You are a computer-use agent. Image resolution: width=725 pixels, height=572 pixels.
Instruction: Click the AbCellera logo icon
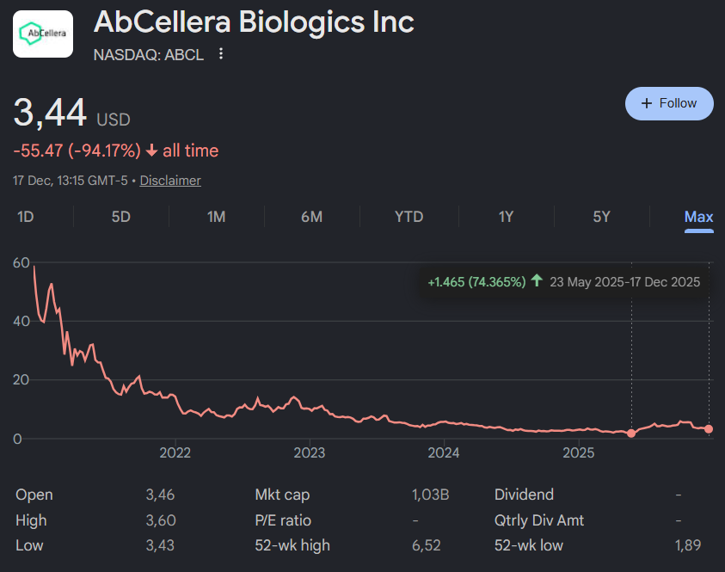tap(43, 34)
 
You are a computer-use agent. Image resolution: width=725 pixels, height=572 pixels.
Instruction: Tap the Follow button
tap(669, 103)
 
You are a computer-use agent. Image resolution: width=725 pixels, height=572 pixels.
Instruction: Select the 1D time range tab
tap(26, 217)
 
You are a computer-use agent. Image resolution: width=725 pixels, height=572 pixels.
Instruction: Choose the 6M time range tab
tap(311, 217)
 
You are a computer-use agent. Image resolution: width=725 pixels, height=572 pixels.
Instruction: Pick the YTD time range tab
tap(409, 217)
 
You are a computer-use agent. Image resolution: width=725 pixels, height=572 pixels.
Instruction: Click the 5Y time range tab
tap(601, 217)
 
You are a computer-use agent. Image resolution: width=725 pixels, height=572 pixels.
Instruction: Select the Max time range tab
tap(698, 217)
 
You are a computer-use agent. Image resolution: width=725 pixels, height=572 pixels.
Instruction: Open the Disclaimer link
tap(170, 181)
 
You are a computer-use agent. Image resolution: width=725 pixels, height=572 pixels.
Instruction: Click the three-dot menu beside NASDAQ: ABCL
tap(221, 54)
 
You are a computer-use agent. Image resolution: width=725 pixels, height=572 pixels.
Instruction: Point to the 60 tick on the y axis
tap(22, 262)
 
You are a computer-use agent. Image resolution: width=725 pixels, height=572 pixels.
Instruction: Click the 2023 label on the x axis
tap(310, 452)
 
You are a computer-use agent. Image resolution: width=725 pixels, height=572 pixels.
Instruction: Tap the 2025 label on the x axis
tap(579, 452)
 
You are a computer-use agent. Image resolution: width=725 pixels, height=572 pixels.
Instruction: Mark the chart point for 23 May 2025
tap(631, 434)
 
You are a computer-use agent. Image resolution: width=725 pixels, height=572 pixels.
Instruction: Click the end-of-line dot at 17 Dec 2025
tap(709, 428)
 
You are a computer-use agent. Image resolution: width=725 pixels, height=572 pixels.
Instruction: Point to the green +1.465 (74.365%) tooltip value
tap(476, 281)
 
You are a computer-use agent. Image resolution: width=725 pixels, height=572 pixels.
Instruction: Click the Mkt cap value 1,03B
tap(431, 495)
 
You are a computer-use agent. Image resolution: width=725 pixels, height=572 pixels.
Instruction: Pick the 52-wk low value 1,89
tap(687, 544)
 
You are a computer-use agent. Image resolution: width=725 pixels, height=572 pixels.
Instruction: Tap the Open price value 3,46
tap(160, 495)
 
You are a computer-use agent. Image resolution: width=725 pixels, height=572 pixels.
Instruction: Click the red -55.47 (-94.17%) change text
tap(77, 151)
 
